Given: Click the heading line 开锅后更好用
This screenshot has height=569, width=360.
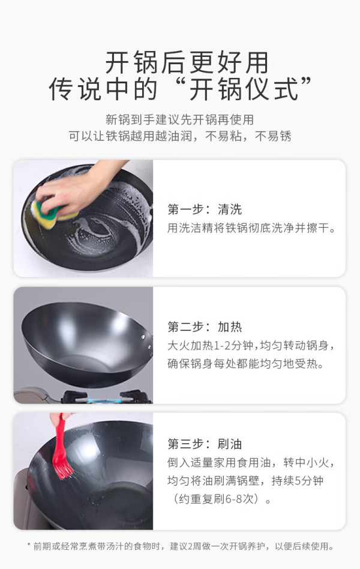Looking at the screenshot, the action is click(x=187, y=62).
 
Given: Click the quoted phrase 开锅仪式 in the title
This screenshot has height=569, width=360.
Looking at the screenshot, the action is click(x=244, y=89).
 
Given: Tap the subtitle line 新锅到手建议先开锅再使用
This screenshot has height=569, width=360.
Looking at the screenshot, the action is click(x=180, y=119).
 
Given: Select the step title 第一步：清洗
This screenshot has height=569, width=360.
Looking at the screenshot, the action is click(x=205, y=209).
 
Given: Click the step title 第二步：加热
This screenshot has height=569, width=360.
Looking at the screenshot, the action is click(x=205, y=327).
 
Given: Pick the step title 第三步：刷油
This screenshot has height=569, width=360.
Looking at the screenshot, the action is click(x=205, y=444).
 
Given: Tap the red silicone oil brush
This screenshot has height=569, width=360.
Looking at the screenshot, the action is click(x=61, y=447).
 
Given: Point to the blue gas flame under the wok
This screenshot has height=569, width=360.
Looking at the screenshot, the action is click(x=104, y=401).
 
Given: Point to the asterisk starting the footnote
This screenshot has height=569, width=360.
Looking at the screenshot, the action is click(x=29, y=544).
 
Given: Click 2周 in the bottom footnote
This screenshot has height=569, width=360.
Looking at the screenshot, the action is click(x=195, y=546).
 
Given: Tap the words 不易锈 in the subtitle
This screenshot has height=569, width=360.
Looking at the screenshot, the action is click(x=273, y=136).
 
